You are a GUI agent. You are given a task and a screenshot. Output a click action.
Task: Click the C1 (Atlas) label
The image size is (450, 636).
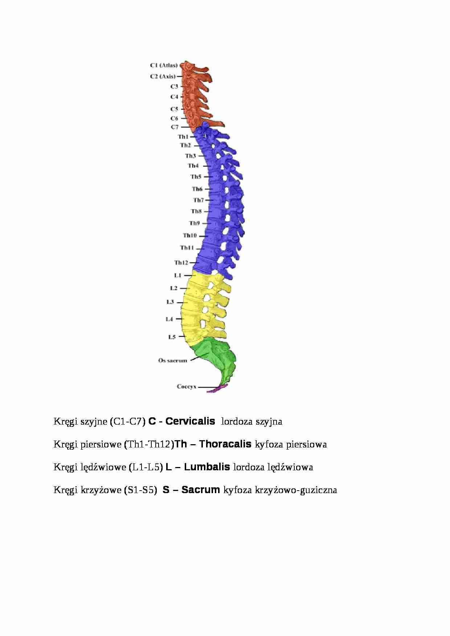pos(164,66)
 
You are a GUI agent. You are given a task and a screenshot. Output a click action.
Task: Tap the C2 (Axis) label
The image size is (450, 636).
pos(163,77)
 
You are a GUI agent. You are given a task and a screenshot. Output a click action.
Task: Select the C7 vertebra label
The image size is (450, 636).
pos(175,127)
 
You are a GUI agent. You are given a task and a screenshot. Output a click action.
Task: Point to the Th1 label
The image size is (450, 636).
pos(183,137)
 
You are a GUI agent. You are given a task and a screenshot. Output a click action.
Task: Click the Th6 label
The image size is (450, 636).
pos(197,189)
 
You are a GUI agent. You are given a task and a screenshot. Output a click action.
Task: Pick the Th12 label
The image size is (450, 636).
pos(181,263)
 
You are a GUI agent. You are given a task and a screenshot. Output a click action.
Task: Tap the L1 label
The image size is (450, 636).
pos(177,276)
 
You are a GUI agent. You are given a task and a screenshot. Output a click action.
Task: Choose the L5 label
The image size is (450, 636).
pos(172,337)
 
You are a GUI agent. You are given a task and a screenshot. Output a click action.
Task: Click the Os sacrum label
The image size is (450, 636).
pos(172,360)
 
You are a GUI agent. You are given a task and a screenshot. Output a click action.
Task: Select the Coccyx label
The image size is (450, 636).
pos(187,387)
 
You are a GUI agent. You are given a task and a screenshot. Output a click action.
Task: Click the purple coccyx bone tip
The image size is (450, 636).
pos(217,389)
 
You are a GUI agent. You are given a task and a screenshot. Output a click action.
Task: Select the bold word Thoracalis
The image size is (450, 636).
pos(225,444)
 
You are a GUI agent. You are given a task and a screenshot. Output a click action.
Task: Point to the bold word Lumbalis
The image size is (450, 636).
pos(207,467)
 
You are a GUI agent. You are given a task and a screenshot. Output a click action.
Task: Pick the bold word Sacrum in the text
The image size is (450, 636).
pos(200,490)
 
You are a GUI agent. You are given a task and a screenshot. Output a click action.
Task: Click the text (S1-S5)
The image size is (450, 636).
pos(140,490)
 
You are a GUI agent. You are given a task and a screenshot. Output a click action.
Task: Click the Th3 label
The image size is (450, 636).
pos(190,156)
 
